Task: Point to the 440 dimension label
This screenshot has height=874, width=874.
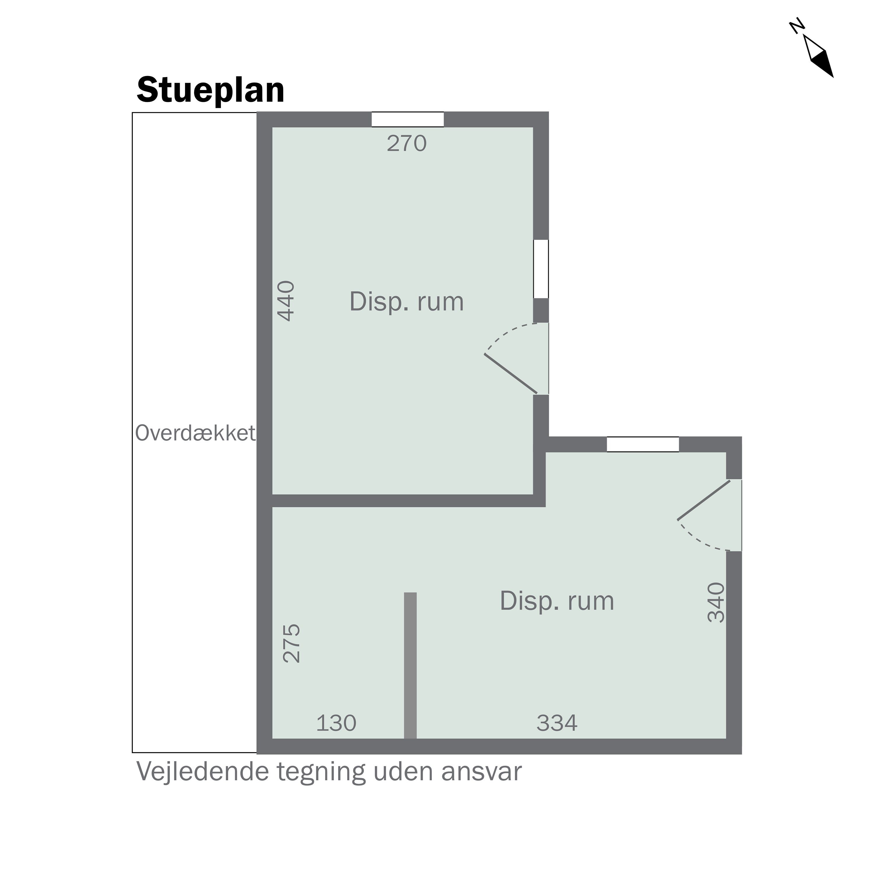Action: coord(286,301)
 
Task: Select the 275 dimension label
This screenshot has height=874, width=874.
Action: coord(291,643)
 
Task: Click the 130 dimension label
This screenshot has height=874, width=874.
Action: coord(336,723)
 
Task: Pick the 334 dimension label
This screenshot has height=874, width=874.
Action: coord(557,723)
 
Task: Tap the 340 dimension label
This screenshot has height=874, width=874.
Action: coord(716,602)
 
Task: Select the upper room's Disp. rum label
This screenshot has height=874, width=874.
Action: coord(407,302)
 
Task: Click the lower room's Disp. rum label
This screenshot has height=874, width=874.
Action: coord(557,601)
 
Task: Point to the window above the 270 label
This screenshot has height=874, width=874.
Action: coord(408,119)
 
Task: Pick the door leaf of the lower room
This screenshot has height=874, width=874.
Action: coord(704,500)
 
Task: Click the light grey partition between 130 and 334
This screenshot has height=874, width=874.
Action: coord(410,665)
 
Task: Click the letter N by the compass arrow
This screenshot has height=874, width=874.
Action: coord(797,26)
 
